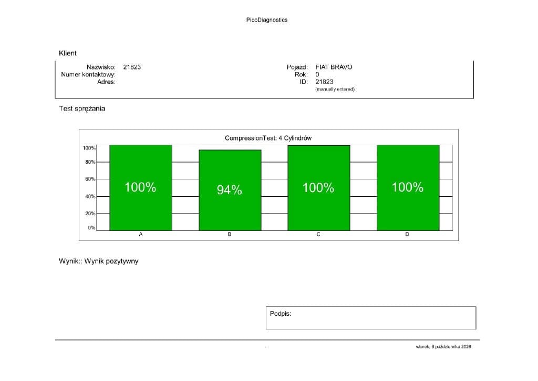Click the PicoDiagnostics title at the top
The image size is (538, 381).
pyautogui.click(x=266, y=20)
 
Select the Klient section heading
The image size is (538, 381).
pyautogui.click(x=68, y=53)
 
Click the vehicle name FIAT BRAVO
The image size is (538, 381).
pyautogui.click(x=334, y=67)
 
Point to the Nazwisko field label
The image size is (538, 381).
pyautogui.click(x=101, y=67)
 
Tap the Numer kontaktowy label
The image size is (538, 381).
pyautogui.click(x=88, y=75)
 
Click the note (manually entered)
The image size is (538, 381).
pyautogui.click(x=335, y=89)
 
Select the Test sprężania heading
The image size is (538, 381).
pyautogui.click(x=82, y=108)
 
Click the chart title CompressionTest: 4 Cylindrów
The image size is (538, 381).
pyautogui.click(x=268, y=138)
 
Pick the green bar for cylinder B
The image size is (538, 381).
pyautogui.click(x=230, y=190)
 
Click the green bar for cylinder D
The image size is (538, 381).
pyautogui.click(x=408, y=188)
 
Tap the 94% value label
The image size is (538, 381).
pyautogui.click(x=229, y=189)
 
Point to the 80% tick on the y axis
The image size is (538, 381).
pyautogui.click(x=90, y=162)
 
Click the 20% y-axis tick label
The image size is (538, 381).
pyautogui.click(x=90, y=213)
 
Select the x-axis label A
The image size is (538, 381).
pyautogui.click(x=141, y=234)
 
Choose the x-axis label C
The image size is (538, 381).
pyautogui.click(x=318, y=234)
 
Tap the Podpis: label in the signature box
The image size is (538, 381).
pyautogui.click(x=281, y=314)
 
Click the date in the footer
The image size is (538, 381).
pyautogui.click(x=443, y=347)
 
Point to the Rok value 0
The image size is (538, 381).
pyautogui.click(x=317, y=75)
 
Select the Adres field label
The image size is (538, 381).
pyautogui.click(x=106, y=82)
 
